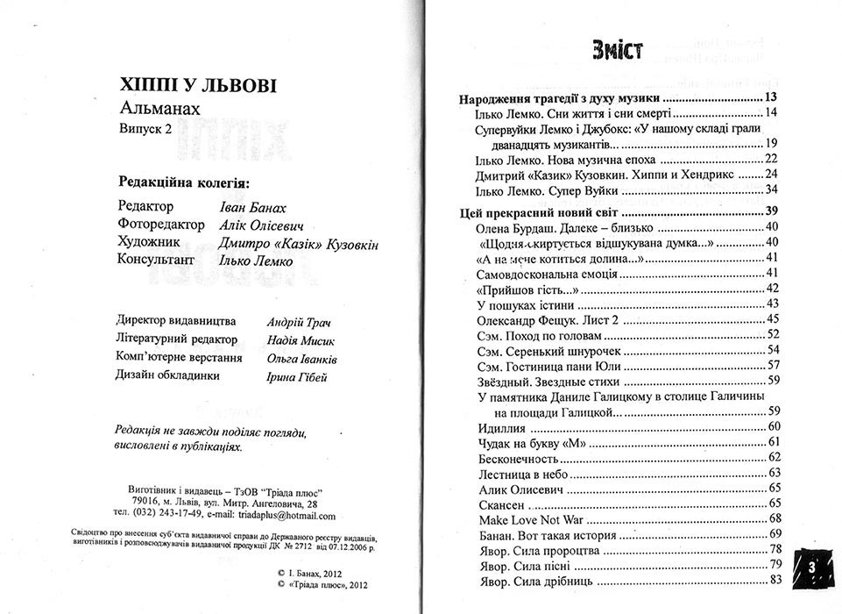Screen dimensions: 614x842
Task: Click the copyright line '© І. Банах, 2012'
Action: click(317, 571)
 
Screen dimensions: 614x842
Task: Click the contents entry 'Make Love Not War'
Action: click(532, 518)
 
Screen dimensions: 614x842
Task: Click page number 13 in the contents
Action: click(771, 97)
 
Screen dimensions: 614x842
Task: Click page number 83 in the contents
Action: click(774, 580)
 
